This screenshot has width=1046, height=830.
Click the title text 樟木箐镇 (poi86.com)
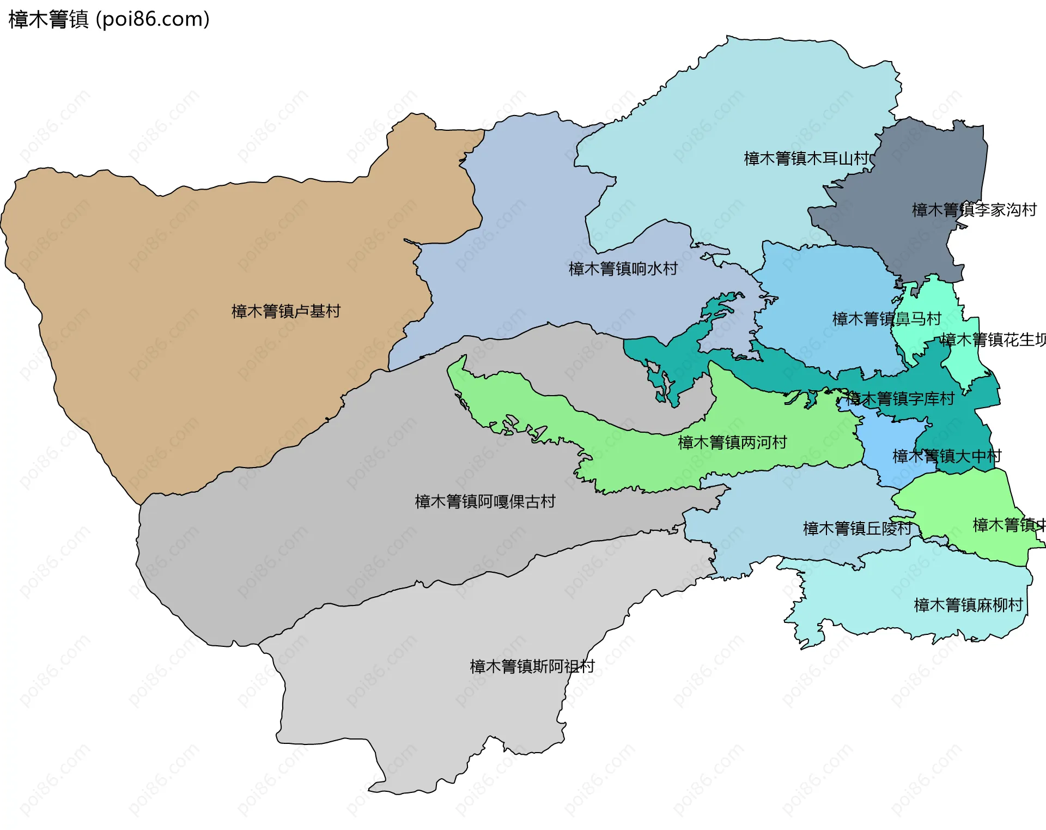[109, 20]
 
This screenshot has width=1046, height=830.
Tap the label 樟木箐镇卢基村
[285, 311]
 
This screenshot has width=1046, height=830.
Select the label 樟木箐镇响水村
[623, 269]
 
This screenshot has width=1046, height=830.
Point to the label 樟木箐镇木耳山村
[806, 159]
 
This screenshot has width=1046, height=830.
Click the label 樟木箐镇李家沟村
[974, 210]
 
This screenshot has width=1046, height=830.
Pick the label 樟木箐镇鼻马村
[886, 319]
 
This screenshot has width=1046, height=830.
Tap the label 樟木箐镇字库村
[899, 399]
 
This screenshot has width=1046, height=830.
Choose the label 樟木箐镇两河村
[732, 443]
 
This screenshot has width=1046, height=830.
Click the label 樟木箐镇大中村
[946, 456]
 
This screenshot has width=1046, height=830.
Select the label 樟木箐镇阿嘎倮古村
[485, 501]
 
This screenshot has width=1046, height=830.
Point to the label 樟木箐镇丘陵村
[857, 528]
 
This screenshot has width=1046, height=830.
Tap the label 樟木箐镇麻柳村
[968, 605]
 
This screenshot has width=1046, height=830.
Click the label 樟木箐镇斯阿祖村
[532, 667]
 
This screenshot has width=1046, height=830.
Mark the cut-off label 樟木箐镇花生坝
[993, 340]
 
